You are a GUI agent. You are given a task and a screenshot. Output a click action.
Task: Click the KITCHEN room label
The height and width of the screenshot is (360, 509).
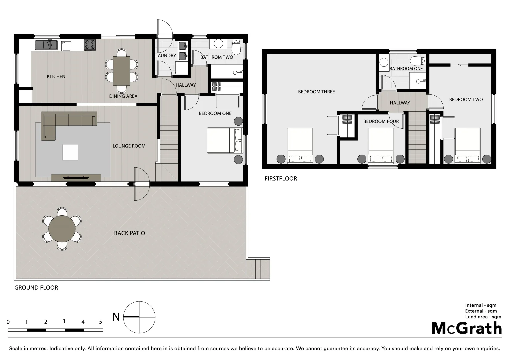[x=56, y=77]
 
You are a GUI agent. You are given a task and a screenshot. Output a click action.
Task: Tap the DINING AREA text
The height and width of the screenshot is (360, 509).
[x=123, y=96]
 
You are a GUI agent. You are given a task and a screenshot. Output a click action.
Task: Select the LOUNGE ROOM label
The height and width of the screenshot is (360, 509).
[x=129, y=146]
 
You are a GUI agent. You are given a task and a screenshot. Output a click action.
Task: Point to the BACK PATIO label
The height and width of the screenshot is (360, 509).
[x=130, y=233]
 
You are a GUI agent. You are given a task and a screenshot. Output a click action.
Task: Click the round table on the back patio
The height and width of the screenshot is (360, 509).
[x=62, y=229]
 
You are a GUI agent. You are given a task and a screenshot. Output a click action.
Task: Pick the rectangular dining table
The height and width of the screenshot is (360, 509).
[x=122, y=71]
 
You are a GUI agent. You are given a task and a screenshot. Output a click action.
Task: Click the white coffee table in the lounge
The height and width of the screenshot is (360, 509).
[x=70, y=152]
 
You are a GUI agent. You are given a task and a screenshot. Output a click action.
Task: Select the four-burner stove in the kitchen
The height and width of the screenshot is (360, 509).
[x=90, y=45]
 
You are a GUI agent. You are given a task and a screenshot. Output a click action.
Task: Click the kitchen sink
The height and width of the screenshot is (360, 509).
[x=50, y=45]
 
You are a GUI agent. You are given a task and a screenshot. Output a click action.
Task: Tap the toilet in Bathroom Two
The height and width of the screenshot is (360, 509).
[x=236, y=47]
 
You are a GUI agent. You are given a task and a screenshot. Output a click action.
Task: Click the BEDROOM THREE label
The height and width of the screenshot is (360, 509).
[x=316, y=92]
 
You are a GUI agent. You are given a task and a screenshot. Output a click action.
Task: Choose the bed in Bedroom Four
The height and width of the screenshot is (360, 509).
[x=381, y=145]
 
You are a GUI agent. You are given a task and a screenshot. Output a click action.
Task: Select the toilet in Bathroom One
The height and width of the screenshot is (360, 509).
[x=418, y=61]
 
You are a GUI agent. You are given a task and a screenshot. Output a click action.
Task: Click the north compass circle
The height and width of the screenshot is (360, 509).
[x=139, y=317]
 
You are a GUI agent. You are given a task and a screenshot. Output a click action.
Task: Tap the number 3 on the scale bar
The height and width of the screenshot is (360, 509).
[x=64, y=321]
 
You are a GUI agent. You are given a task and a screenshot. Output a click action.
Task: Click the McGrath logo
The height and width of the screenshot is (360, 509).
[x=467, y=328]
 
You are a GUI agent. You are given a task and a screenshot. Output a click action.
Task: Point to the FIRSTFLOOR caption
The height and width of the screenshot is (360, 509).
[x=281, y=179]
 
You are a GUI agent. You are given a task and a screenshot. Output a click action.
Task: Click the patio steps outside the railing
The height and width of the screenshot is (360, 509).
[x=258, y=269]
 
